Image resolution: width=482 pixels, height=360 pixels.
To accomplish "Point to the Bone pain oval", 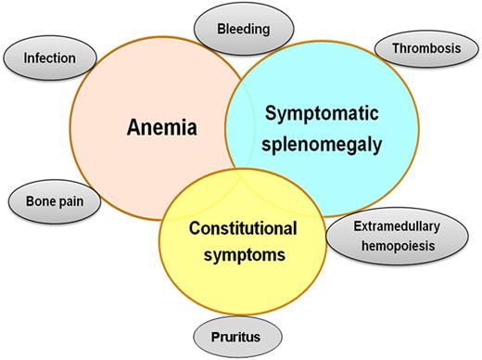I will click(54, 201).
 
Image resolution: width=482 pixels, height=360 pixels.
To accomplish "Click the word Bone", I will click(36, 201).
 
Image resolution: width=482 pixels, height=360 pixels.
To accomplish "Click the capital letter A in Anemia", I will click(132, 127).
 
